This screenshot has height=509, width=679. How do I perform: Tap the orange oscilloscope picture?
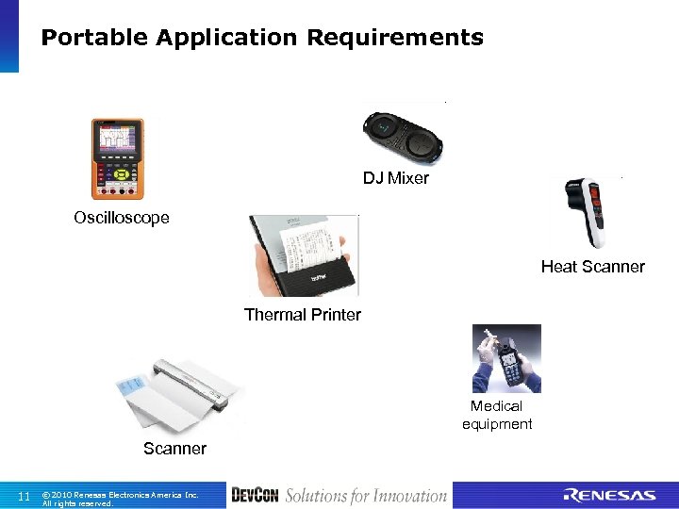(117, 158)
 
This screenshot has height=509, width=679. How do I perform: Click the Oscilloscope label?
(122, 218)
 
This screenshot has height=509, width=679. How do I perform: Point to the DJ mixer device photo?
(405, 137)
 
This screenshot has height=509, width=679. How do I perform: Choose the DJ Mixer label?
(396, 178)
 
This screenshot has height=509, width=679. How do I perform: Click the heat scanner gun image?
(590, 211)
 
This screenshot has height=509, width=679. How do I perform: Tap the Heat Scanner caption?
(592, 267)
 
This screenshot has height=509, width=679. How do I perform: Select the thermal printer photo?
(303, 254)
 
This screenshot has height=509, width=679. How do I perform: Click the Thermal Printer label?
(302, 315)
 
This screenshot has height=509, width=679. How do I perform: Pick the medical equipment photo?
(506, 358)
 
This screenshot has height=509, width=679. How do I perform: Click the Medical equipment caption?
(497, 415)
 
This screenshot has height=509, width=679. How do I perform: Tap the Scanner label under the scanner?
(174, 449)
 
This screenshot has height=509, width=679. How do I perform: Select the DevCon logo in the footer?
(254, 495)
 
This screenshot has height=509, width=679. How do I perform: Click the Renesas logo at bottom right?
(608, 496)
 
